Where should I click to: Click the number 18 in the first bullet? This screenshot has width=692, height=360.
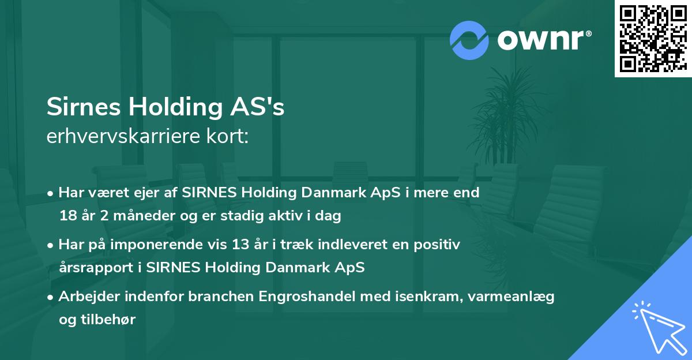click(x=66, y=216)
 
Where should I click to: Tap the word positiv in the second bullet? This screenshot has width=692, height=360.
click(x=439, y=245)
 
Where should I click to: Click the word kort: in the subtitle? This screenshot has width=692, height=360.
click(x=231, y=137)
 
